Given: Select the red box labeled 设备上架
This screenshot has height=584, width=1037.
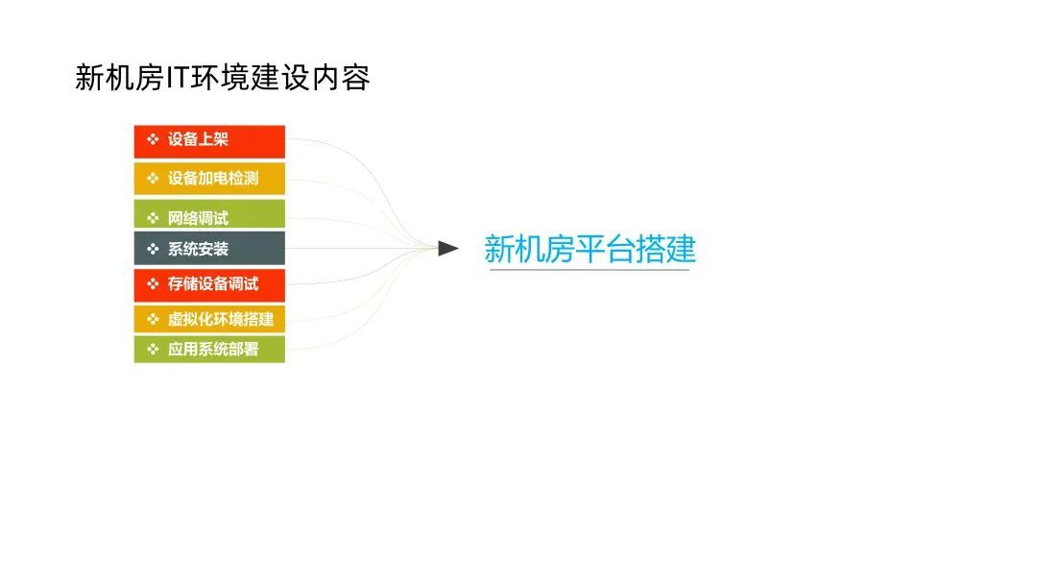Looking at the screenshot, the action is click(x=209, y=140).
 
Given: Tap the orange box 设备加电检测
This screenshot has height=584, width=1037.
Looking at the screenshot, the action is click(x=209, y=179).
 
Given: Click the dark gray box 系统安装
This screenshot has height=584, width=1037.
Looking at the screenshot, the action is click(x=209, y=249).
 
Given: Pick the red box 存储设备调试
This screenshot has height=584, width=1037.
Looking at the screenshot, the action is click(x=209, y=284).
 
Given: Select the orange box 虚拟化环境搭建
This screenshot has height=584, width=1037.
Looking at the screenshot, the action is click(x=209, y=319).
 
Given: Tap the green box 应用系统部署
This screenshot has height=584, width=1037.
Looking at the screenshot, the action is click(x=209, y=350).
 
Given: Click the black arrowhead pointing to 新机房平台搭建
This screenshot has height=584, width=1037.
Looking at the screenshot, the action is click(x=447, y=249).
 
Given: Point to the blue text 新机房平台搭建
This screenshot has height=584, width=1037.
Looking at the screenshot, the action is click(x=590, y=249).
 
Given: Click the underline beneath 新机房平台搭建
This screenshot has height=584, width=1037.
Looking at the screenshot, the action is click(x=590, y=270).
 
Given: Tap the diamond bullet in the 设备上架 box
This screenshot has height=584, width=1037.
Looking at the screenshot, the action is click(x=152, y=140).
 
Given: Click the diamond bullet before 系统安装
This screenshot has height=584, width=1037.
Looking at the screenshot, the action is click(x=152, y=249).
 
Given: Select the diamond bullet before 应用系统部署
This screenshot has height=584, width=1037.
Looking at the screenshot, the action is click(x=152, y=350).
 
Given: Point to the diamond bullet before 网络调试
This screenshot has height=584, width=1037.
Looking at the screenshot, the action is click(x=152, y=217).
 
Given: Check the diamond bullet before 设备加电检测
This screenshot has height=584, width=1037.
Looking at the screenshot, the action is click(x=152, y=179).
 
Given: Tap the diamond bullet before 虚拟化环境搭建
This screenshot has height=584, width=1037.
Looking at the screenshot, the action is click(x=152, y=319).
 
